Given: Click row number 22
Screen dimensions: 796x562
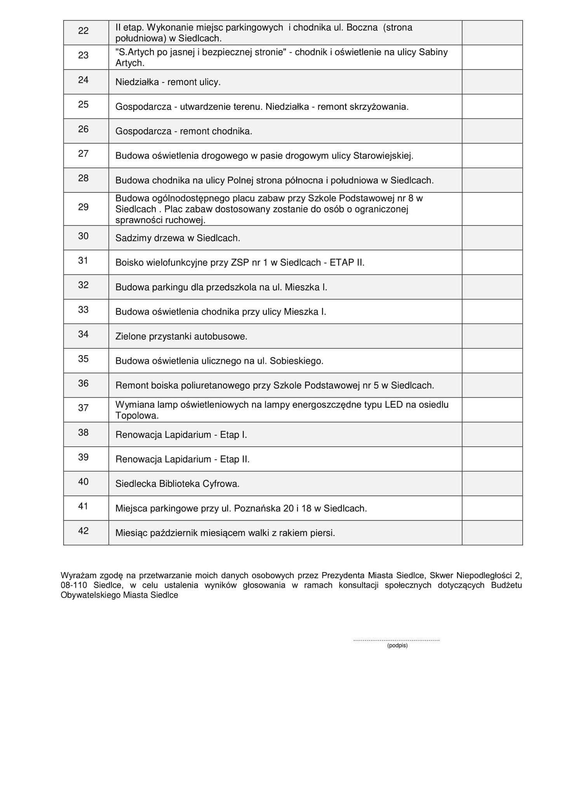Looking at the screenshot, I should (84, 31).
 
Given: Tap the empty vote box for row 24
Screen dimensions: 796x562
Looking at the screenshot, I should (492, 82).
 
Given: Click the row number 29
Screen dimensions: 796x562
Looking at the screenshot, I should (84, 207).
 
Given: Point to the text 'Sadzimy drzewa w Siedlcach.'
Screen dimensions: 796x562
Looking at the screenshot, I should (178, 238).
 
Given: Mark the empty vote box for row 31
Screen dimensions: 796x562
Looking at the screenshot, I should (492, 262).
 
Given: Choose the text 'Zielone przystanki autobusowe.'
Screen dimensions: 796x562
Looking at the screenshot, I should (181, 337).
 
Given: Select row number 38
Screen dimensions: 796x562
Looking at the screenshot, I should (84, 433).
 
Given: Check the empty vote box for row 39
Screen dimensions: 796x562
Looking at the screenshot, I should (492, 459).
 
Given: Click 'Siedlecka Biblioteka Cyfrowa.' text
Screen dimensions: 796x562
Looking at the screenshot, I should (177, 484).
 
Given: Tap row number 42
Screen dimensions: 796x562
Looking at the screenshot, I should (84, 531).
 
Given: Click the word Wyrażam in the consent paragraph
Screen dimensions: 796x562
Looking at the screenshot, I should (76, 575).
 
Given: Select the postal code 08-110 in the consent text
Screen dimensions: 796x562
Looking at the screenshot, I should (73, 585).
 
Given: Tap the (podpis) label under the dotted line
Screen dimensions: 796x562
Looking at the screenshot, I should (397, 646).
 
